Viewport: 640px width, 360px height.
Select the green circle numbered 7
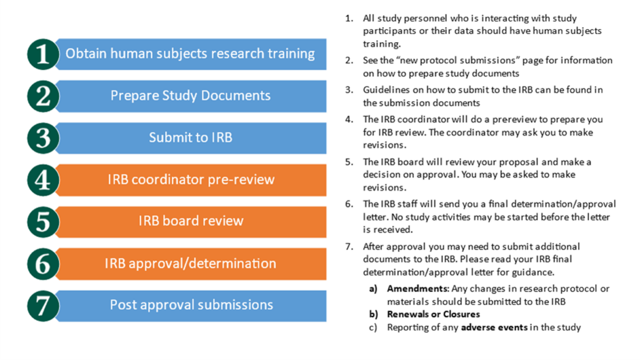coord(43,306)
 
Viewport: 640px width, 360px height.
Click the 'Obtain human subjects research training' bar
coord(190,54)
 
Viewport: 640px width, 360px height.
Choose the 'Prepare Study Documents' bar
coord(190,96)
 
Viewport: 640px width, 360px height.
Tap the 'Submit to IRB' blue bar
coord(190,138)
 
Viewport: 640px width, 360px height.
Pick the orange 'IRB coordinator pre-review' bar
coord(190,180)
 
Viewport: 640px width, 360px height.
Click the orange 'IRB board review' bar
coord(190,221)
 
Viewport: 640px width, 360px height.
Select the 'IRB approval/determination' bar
coord(190,263)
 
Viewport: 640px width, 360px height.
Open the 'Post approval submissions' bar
coord(190,305)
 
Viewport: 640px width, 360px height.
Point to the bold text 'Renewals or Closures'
coord(434,314)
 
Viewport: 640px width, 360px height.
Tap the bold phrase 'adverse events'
coord(499,327)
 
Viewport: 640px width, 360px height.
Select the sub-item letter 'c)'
coord(373,327)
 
